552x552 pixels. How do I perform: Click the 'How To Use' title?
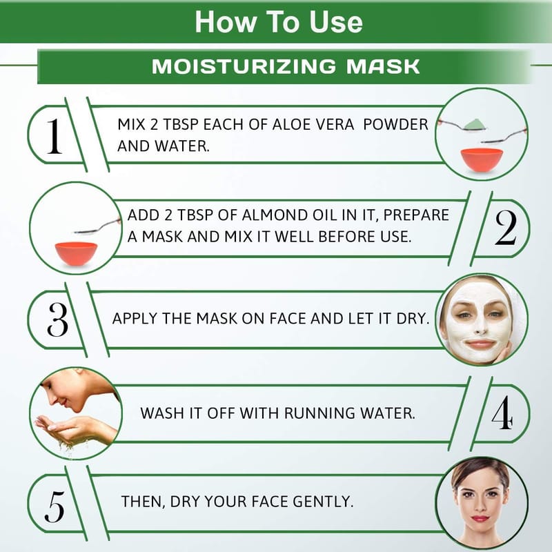279,22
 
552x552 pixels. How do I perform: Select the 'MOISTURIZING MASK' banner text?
286,66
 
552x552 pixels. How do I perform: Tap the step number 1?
55,136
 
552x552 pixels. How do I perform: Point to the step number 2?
506,228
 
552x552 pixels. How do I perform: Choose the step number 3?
57,319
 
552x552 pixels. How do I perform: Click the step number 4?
502,412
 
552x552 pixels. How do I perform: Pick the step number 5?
55,506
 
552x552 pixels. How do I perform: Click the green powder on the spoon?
474,124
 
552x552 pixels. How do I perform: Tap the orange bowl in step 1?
482,160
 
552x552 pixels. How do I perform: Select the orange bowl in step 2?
76,254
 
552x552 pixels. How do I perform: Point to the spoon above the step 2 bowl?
97,226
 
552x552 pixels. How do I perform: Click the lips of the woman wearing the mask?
480,343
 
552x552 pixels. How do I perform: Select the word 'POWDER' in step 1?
395,125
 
